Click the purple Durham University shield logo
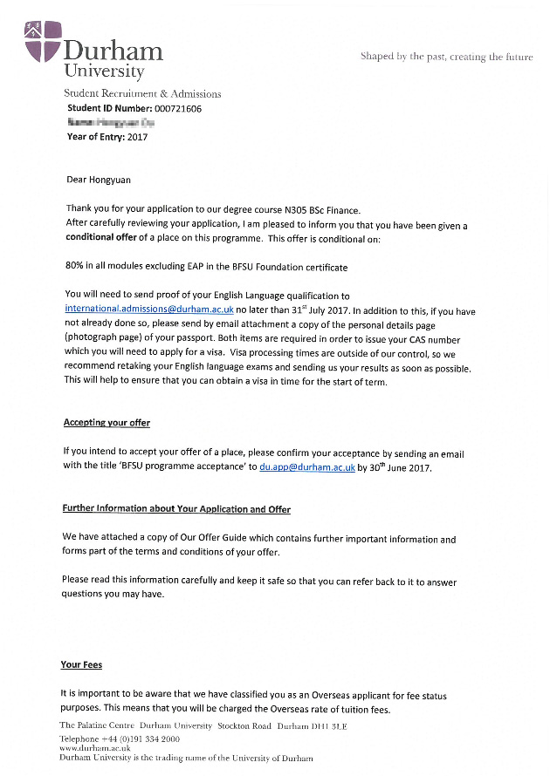[43, 42]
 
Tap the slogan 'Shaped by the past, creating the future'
[446, 57]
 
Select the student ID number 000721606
[177, 109]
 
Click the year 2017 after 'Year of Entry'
[137, 137]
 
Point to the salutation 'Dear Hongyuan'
[101, 180]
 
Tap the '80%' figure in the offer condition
[75, 267]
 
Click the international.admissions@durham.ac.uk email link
[148, 310]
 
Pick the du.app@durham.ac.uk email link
[306, 467]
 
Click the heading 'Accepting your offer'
[107, 423]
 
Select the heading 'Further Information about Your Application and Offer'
[176, 509]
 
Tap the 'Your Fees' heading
[81, 665]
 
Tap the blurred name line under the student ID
[111, 123]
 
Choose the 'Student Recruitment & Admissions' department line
[142, 94]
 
